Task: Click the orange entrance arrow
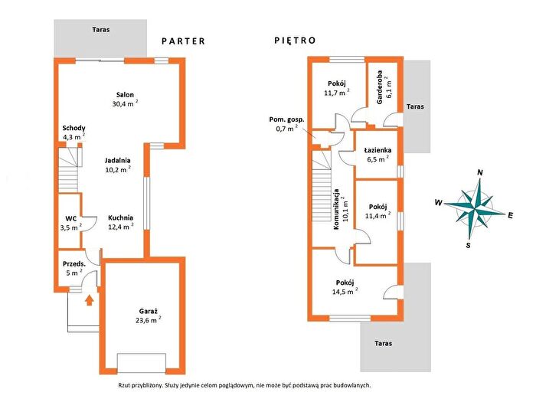(90, 300)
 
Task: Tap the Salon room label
(125, 95)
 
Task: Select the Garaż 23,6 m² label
(149, 315)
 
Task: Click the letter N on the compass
(480, 172)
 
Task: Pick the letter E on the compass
(511, 215)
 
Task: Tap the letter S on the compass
(469, 245)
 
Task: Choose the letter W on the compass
(438, 202)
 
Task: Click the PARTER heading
(183, 41)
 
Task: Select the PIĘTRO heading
(295, 41)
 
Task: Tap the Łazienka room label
(377, 150)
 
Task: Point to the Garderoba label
(380, 87)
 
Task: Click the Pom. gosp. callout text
(286, 119)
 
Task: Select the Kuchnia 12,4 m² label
(121, 222)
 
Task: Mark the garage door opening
(142, 363)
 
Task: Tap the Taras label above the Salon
(101, 30)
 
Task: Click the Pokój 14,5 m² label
(345, 287)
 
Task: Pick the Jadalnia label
(118, 160)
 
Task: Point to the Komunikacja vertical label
(336, 209)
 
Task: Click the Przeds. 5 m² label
(74, 268)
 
